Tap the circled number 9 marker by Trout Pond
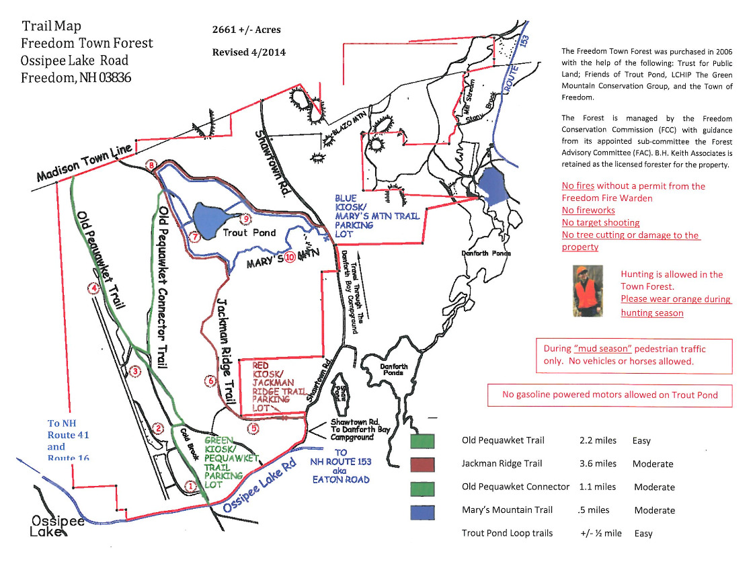coord(246,218)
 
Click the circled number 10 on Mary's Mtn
coord(290,257)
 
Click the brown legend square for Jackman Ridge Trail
coord(422,464)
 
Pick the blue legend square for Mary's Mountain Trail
coord(422,512)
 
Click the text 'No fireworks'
coord(588,210)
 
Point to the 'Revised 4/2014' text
coord(249,52)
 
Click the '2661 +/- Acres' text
coord(246,30)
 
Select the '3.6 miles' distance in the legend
coord(598,464)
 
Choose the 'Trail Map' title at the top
coord(51,26)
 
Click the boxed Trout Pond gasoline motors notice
coord(609,395)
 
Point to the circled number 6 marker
coord(210,381)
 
